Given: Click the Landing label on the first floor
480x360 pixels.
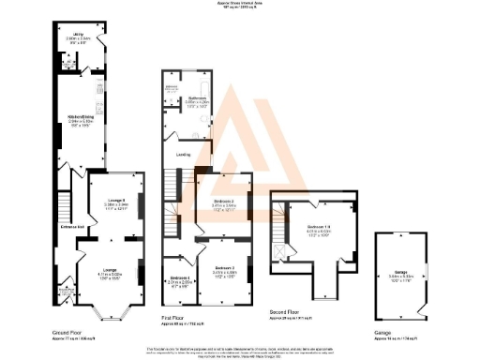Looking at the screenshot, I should point(184,154).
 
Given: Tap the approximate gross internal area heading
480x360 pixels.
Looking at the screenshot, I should point(239,4).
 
